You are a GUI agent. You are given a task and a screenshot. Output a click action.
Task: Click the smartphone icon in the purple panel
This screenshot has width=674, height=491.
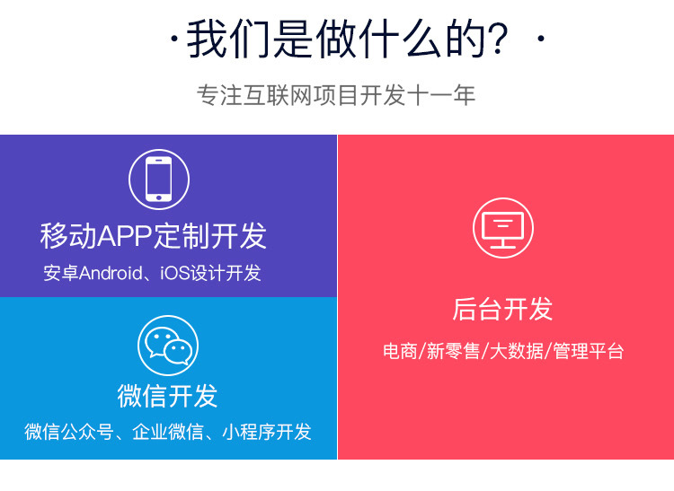[x=159, y=179]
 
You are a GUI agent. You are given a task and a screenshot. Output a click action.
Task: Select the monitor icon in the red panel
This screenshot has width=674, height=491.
[x=503, y=228]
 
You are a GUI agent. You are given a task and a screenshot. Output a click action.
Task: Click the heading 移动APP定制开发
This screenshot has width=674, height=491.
[x=154, y=236]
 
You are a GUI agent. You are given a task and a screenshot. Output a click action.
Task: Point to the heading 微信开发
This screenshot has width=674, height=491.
[x=167, y=395]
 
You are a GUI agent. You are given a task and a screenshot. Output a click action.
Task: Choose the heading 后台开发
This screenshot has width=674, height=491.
[x=503, y=309]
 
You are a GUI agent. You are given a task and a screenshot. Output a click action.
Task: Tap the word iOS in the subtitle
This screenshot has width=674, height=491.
[x=175, y=273]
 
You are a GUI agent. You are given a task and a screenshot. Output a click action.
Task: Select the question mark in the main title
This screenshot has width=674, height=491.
[x=495, y=41]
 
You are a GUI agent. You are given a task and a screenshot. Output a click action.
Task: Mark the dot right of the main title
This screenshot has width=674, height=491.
[x=540, y=41]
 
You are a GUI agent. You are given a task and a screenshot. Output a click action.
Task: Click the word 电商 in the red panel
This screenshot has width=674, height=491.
[x=400, y=351]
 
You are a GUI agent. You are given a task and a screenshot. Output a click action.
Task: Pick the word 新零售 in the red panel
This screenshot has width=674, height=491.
[x=453, y=351]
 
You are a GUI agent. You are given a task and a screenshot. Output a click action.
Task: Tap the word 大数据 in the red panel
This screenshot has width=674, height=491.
[x=516, y=351]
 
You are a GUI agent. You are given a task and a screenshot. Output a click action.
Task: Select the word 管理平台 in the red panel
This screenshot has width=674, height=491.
[x=588, y=351]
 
